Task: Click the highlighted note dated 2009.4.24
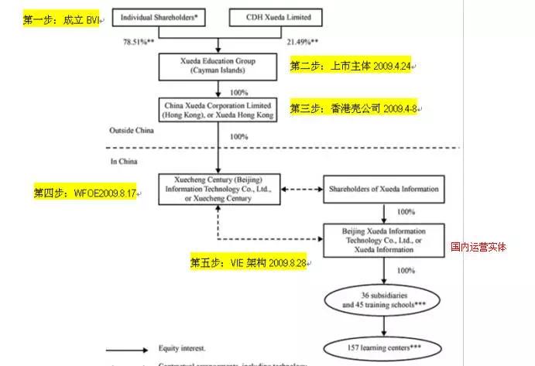pyautogui.click(x=352, y=66)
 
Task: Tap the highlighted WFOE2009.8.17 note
pyautogui.click(x=84, y=190)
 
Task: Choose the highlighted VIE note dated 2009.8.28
pyautogui.click(x=248, y=263)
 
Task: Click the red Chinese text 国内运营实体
pyautogui.click(x=478, y=248)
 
